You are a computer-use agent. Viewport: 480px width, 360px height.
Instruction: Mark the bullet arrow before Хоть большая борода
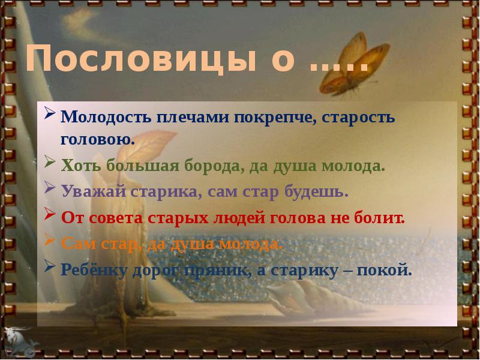(x=51, y=163)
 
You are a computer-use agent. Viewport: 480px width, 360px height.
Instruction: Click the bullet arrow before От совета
(x=51, y=217)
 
